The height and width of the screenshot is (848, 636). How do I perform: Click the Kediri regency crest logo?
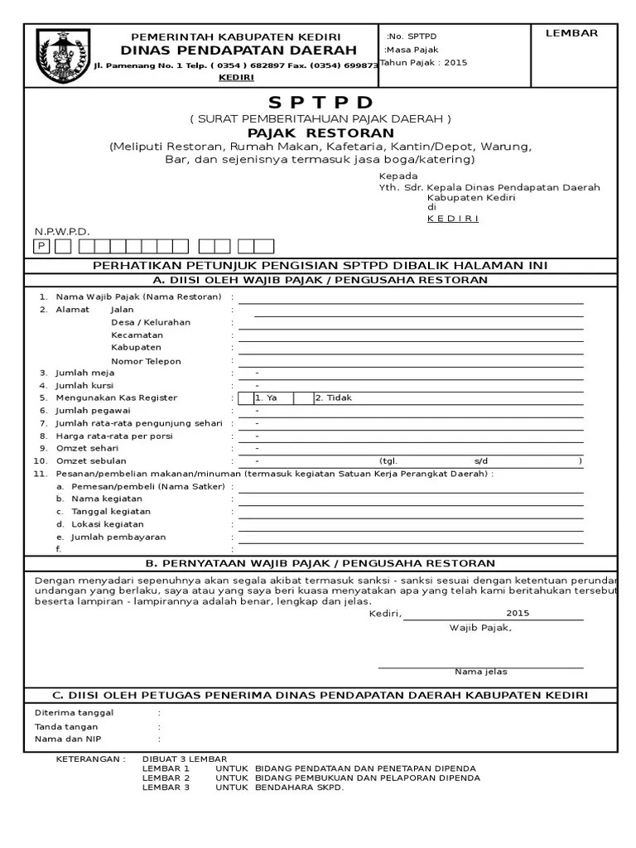click(x=60, y=56)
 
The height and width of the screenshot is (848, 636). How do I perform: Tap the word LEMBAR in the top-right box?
click(x=571, y=33)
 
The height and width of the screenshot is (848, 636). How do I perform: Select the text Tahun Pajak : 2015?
click(x=423, y=63)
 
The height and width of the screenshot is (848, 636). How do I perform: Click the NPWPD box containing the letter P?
click(x=41, y=246)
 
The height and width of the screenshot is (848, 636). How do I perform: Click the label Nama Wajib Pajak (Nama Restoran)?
click(x=138, y=296)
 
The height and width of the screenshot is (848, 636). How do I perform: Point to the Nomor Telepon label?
click(x=146, y=361)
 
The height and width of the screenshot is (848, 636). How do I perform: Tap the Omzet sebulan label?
click(x=91, y=460)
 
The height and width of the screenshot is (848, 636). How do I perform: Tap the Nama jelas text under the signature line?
click(x=480, y=672)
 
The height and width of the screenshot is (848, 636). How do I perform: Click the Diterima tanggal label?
click(x=74, y=712)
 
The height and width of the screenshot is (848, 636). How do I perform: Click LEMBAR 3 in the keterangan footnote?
click(x=166, y=788)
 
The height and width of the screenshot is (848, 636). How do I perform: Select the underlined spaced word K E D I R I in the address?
click(x=452, y=219)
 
